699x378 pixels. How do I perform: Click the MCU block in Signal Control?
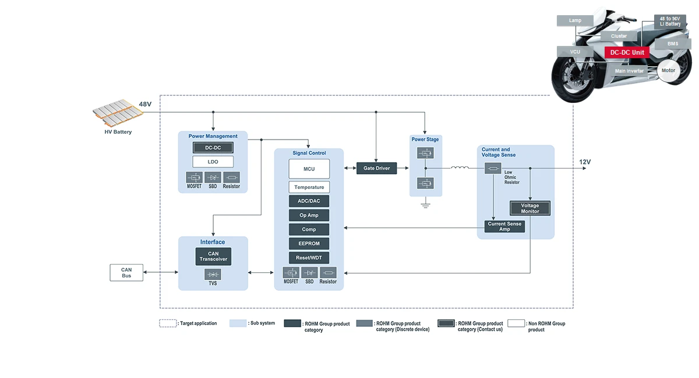309,169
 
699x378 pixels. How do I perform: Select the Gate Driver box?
376,168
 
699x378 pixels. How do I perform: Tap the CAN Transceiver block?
213,256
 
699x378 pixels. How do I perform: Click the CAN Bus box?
126,273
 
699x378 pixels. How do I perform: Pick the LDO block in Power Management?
213,162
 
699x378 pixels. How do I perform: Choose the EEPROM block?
309,244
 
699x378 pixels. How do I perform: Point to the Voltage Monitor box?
529,208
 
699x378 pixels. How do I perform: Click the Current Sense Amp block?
504,226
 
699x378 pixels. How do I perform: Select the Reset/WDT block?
309,258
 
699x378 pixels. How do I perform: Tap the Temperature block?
309,187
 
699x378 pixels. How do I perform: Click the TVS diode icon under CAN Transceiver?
213,274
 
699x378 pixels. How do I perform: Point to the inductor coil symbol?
460,169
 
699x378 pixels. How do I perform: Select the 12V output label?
585,162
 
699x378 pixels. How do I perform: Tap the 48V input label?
145,104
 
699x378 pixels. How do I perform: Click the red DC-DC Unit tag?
627,52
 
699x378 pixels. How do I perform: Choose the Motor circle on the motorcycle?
668,70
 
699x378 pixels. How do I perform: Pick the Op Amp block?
309,215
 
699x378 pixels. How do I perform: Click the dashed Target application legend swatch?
168,323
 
